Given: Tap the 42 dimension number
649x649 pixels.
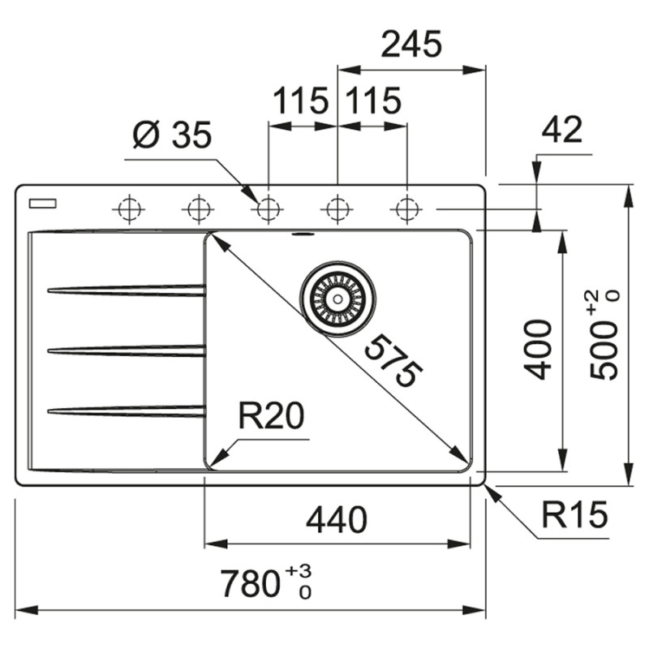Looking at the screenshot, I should click(562, 130).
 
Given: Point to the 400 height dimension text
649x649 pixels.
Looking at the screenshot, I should click(538, 350).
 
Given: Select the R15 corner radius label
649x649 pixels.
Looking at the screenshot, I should click(574, 514).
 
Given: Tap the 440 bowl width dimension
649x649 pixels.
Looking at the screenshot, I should click(337, 519).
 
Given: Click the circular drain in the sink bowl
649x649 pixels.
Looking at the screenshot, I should click(337, 297).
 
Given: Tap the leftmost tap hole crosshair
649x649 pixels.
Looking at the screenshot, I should click(127, 209).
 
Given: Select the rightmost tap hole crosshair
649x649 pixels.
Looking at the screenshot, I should click(404, 209).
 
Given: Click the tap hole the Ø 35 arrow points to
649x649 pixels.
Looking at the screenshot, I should click(266, 209).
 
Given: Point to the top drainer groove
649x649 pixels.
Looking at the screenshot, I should click(126, 290).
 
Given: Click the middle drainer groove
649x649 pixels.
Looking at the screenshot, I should click(126, 350).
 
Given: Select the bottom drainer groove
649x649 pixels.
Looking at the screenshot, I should click(126, 411).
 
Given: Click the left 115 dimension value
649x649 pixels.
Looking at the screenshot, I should click(300, 101).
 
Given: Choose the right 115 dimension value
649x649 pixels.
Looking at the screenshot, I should click(373, 101).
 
